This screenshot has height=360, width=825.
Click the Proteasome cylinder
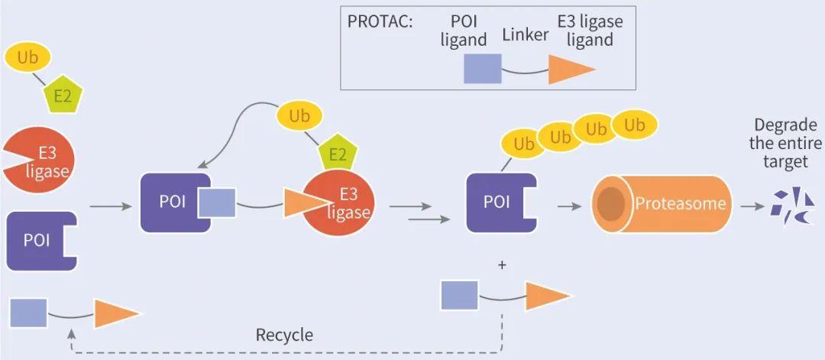(662, 204)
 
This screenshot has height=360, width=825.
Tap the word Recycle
(284, 335)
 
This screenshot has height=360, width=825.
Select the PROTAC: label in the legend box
(380, 21)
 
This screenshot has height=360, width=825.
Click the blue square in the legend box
(483, 69)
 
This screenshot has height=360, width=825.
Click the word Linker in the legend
(526, 35)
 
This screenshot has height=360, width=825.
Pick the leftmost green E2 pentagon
(63, 96)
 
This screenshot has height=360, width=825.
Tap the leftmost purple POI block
(40, 240)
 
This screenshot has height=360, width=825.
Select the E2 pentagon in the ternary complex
(338, 155)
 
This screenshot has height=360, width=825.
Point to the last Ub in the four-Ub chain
(634, 125)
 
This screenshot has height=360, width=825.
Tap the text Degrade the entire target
(785, 144)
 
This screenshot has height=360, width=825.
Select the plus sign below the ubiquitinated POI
(502, 265)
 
